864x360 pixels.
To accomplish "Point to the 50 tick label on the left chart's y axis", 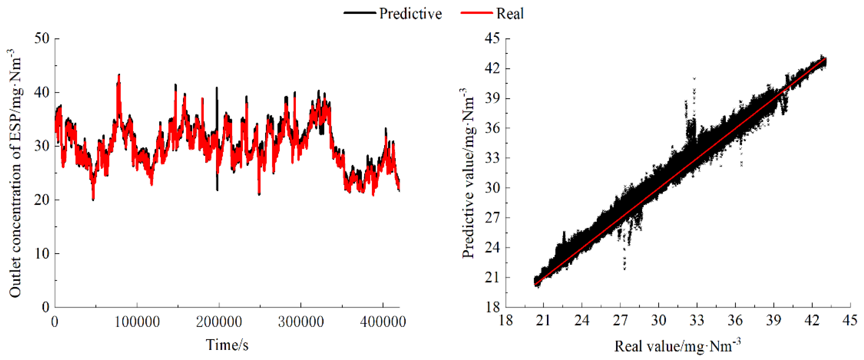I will point(42,38).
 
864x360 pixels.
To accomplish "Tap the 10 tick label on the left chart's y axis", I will point(42,253).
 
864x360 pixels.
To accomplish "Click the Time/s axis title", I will point(227,345).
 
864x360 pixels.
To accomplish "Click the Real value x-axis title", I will point(677,346).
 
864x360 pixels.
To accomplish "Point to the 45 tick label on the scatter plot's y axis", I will point(492,38).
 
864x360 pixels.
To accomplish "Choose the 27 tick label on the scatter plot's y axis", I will point(492,217).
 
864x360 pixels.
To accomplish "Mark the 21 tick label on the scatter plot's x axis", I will point(543,321).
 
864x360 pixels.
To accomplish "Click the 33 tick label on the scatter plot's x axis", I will point(697,321).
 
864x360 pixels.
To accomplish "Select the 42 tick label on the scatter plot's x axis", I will point(812,321).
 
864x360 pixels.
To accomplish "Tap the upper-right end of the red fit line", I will point(825,58).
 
